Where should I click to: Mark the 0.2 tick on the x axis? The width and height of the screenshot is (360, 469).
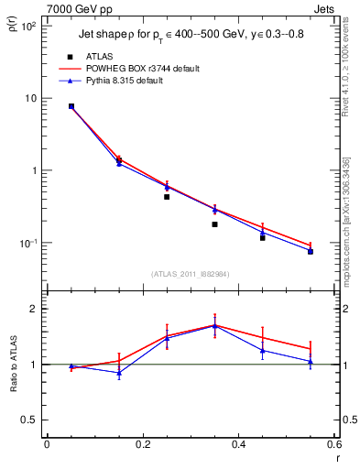pyautogui.click(x=142, y=447)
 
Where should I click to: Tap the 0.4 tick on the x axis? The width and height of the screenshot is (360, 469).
pyautogui.click(x=238, y=447)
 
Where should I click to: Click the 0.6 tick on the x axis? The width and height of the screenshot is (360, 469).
pyautogui.click(x=334, y=447)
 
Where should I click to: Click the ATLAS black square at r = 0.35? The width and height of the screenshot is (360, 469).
pyautogui.click(x=214, y=224)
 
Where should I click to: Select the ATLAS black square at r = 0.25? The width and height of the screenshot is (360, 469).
pyautogui.click(x=167, y=196)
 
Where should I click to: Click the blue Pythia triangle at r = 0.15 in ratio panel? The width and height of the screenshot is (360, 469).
pyautogui.click(x=119, y=373)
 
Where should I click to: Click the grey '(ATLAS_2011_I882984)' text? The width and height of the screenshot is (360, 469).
pyautogui.click(x=191, y=274)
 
